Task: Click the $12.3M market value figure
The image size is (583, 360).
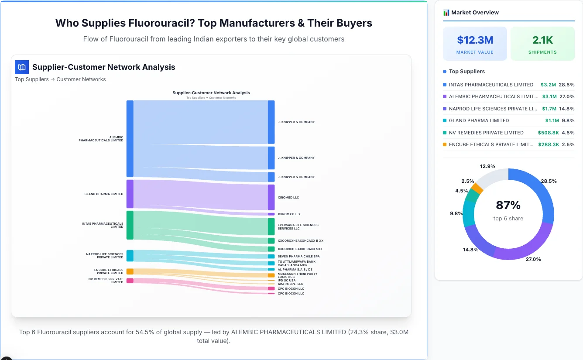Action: tap(475, 40)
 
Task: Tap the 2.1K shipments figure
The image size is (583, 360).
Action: tap(542, 40)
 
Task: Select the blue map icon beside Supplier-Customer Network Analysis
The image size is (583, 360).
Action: tap(21, 67)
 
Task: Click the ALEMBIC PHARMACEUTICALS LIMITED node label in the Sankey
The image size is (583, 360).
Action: tap(101, 139)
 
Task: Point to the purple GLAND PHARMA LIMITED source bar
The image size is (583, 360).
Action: tap(130, 194)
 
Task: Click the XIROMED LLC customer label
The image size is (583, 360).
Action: tap(288, 198)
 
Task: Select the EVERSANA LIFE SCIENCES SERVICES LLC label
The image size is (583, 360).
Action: tap(298, 227)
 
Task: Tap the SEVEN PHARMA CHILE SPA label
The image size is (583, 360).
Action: tap(298, 257)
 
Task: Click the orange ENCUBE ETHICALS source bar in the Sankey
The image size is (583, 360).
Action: tap(130, 271)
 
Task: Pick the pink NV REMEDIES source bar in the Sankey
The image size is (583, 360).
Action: tap(130, 281)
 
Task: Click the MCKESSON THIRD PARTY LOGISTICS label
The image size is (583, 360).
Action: tap(297, 275)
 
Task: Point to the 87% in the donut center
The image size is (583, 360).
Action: tap(508, 205)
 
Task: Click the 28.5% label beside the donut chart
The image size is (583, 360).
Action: tap(549, 181)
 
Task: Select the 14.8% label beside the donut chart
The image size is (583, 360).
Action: tap(471, 250)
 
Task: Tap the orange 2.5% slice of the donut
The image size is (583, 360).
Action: tap(477, 189)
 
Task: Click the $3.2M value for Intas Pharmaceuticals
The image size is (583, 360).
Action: tap(548, 85)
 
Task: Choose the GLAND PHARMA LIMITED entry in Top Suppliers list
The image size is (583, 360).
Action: tap(479, 120)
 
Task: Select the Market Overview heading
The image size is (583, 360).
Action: tap(475, 13)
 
